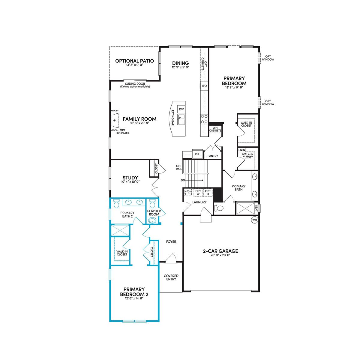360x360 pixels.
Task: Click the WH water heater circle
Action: point(254,220)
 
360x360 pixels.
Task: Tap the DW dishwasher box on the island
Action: point(181,109)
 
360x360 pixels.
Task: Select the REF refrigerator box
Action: point(197,154)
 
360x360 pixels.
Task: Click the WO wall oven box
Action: point(204,86)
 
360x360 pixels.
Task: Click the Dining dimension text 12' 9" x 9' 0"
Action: point(181,67)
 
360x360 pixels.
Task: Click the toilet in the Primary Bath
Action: point(219,208)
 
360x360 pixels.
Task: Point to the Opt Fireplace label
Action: point(122,131)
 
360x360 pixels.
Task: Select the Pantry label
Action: point(213,156)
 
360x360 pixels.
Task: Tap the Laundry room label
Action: point(199,202)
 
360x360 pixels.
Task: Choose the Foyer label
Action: point(171,241)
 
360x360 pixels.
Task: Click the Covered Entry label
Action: point(171,277)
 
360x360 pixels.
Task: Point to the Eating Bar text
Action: point(172,118)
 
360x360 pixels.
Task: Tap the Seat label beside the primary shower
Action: point(256,208)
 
